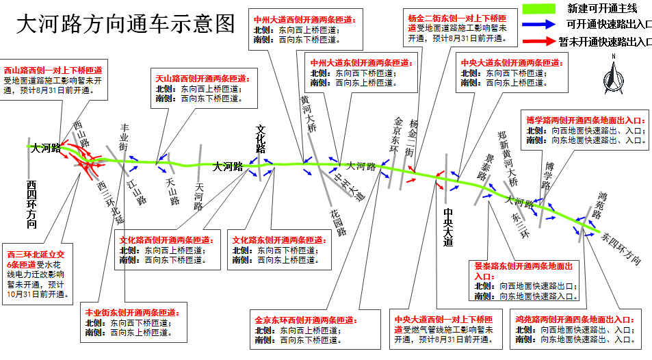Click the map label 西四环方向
point(32,204)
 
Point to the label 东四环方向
point(621,248)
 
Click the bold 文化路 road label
point(260,138)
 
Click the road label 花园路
point(337,220)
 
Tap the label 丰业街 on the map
point(124,138)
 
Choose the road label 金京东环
point(395,133)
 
